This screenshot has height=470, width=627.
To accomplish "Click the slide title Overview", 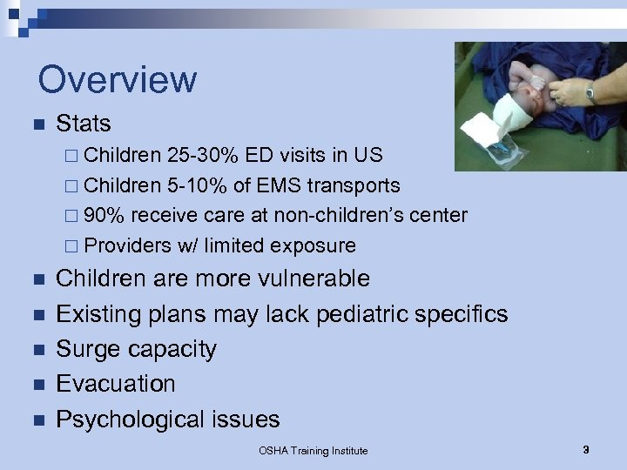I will pos(118,79).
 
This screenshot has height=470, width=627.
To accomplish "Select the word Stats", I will pos(84,124).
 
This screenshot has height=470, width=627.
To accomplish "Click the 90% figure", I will pos(104,215).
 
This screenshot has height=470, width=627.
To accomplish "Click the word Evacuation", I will pos(116,384).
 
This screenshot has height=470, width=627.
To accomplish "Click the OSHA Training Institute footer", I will pos(313,451).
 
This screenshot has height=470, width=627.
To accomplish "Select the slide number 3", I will pos(586,450).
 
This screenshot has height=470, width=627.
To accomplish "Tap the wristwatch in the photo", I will pos(591,91).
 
